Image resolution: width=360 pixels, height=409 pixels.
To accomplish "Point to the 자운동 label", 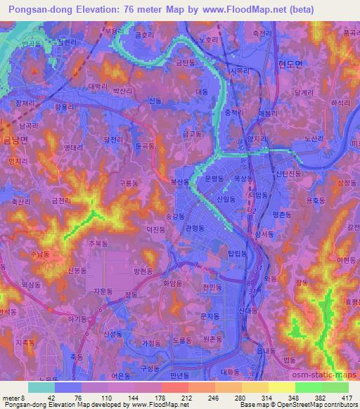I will (x=103, y=290).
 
